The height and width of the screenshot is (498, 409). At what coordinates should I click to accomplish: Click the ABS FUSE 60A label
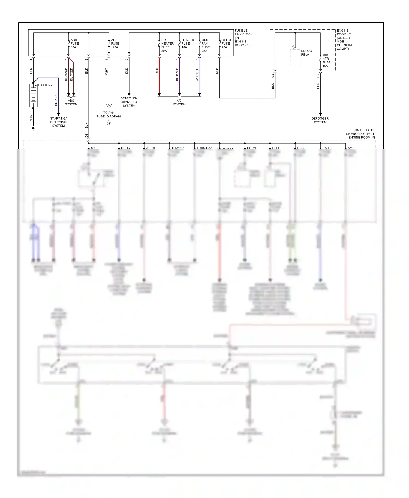click(x=74, y=44)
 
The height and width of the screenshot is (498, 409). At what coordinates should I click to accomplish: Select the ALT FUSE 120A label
click(x=115, y=44)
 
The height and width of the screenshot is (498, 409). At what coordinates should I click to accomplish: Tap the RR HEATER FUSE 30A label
click(x=167, y=45)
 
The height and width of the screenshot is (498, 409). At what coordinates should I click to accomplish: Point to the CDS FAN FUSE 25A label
click(x=205, y=45)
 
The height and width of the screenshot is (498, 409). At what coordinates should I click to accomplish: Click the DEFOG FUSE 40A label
click(x=227, y=44)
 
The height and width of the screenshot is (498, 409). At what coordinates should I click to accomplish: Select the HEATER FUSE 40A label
click(x=187, y=44)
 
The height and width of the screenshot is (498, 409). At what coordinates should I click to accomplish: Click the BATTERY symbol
click(x=33, y=95)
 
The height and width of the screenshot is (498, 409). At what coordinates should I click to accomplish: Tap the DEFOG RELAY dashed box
click(x=295, y=58)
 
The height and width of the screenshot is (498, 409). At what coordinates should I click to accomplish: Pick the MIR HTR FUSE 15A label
click(x=326, y=60)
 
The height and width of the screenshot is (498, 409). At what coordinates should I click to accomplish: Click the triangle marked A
click(x=109, y=106)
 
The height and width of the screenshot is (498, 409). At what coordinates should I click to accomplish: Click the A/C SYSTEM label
click(x=179, y=102)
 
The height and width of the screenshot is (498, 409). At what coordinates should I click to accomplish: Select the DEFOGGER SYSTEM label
click(x=320, y=120)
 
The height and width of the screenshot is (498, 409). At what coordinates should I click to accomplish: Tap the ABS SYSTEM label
click(x=71, y=102)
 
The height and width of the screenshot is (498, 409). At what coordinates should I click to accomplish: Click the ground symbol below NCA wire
click(x=33, y=129)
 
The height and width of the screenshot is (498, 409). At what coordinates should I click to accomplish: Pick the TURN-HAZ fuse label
click(x=204, y=148)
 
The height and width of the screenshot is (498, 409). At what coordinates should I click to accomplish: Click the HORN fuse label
click(x=251, y=148)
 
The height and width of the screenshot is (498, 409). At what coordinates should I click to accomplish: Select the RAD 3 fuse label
click(x=327, y=148)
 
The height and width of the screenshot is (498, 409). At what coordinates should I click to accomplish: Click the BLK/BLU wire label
click(x=56, y=100)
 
